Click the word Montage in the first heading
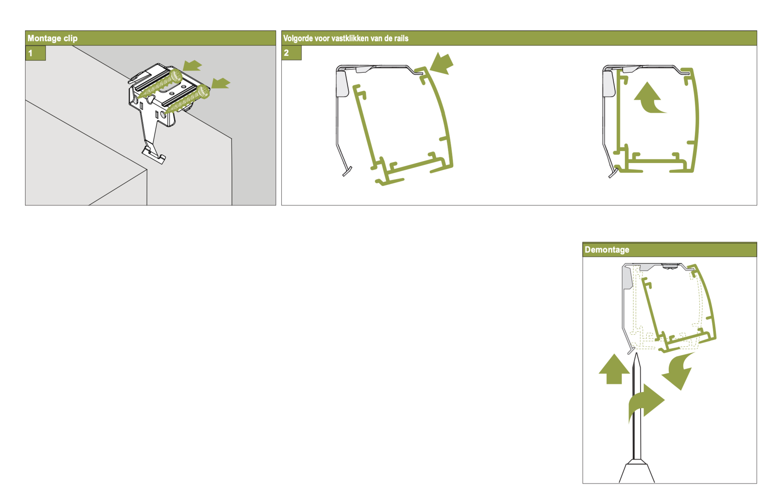[44, 38]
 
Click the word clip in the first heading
[70, 38]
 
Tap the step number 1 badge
[35, 53]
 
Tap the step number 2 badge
[291, 53]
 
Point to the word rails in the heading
[401, 38]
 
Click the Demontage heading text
[607, 250]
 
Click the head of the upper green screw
[176, 75]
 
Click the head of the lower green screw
[203, 92]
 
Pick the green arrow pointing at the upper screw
[192, 66]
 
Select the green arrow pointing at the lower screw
[221, 83]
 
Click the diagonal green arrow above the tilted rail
[442, 64]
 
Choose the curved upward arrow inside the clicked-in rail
[649, 99]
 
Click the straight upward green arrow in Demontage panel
[614, 369]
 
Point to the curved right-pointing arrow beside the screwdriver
[646, 402]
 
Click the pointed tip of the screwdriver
[636, 353]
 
